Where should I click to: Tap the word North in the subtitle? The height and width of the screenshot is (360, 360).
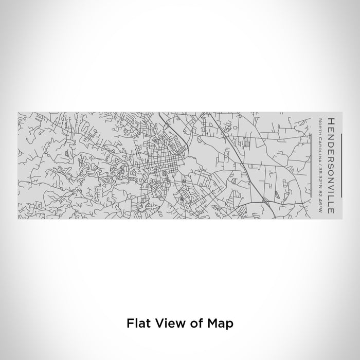320,124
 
